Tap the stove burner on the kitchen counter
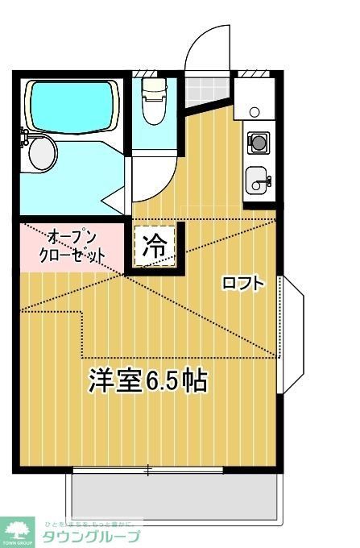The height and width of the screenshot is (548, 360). click(259, 143)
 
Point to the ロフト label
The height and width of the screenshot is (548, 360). click(242, 283)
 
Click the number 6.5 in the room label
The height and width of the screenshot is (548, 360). click(165, 380)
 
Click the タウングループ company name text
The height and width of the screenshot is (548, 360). click(92, 537)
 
